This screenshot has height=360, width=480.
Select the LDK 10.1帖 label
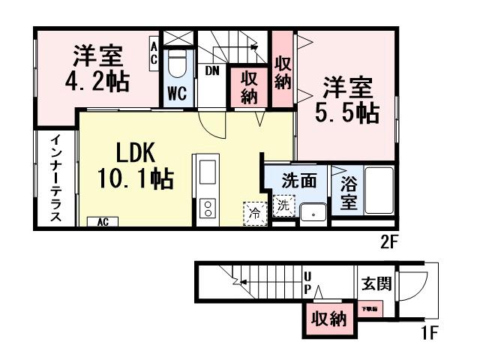coord(135,166)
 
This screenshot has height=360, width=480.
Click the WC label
coord(177,94)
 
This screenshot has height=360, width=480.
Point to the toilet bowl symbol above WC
coord(177,64)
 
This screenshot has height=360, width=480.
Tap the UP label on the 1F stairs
coord(307,281)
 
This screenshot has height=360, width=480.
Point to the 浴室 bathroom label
coord(349,191)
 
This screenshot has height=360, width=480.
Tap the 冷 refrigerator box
coord(255,213)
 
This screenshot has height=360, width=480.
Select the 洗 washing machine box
coord(283,205)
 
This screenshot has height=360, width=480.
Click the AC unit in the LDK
coord(103,222)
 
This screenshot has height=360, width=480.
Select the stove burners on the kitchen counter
coord(205,206)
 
